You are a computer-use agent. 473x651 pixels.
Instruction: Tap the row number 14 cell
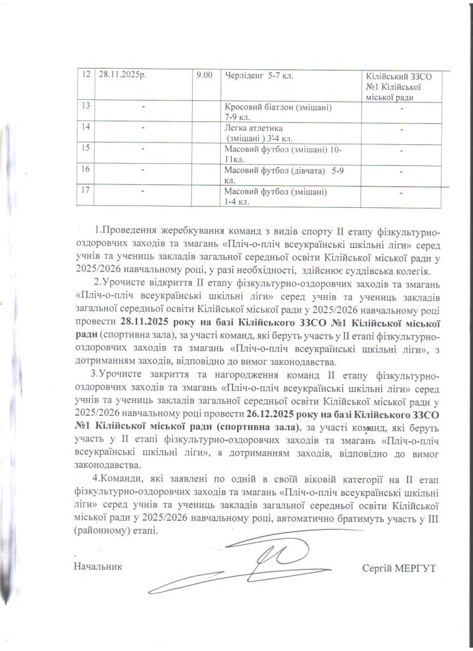click(x=85, y=128)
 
